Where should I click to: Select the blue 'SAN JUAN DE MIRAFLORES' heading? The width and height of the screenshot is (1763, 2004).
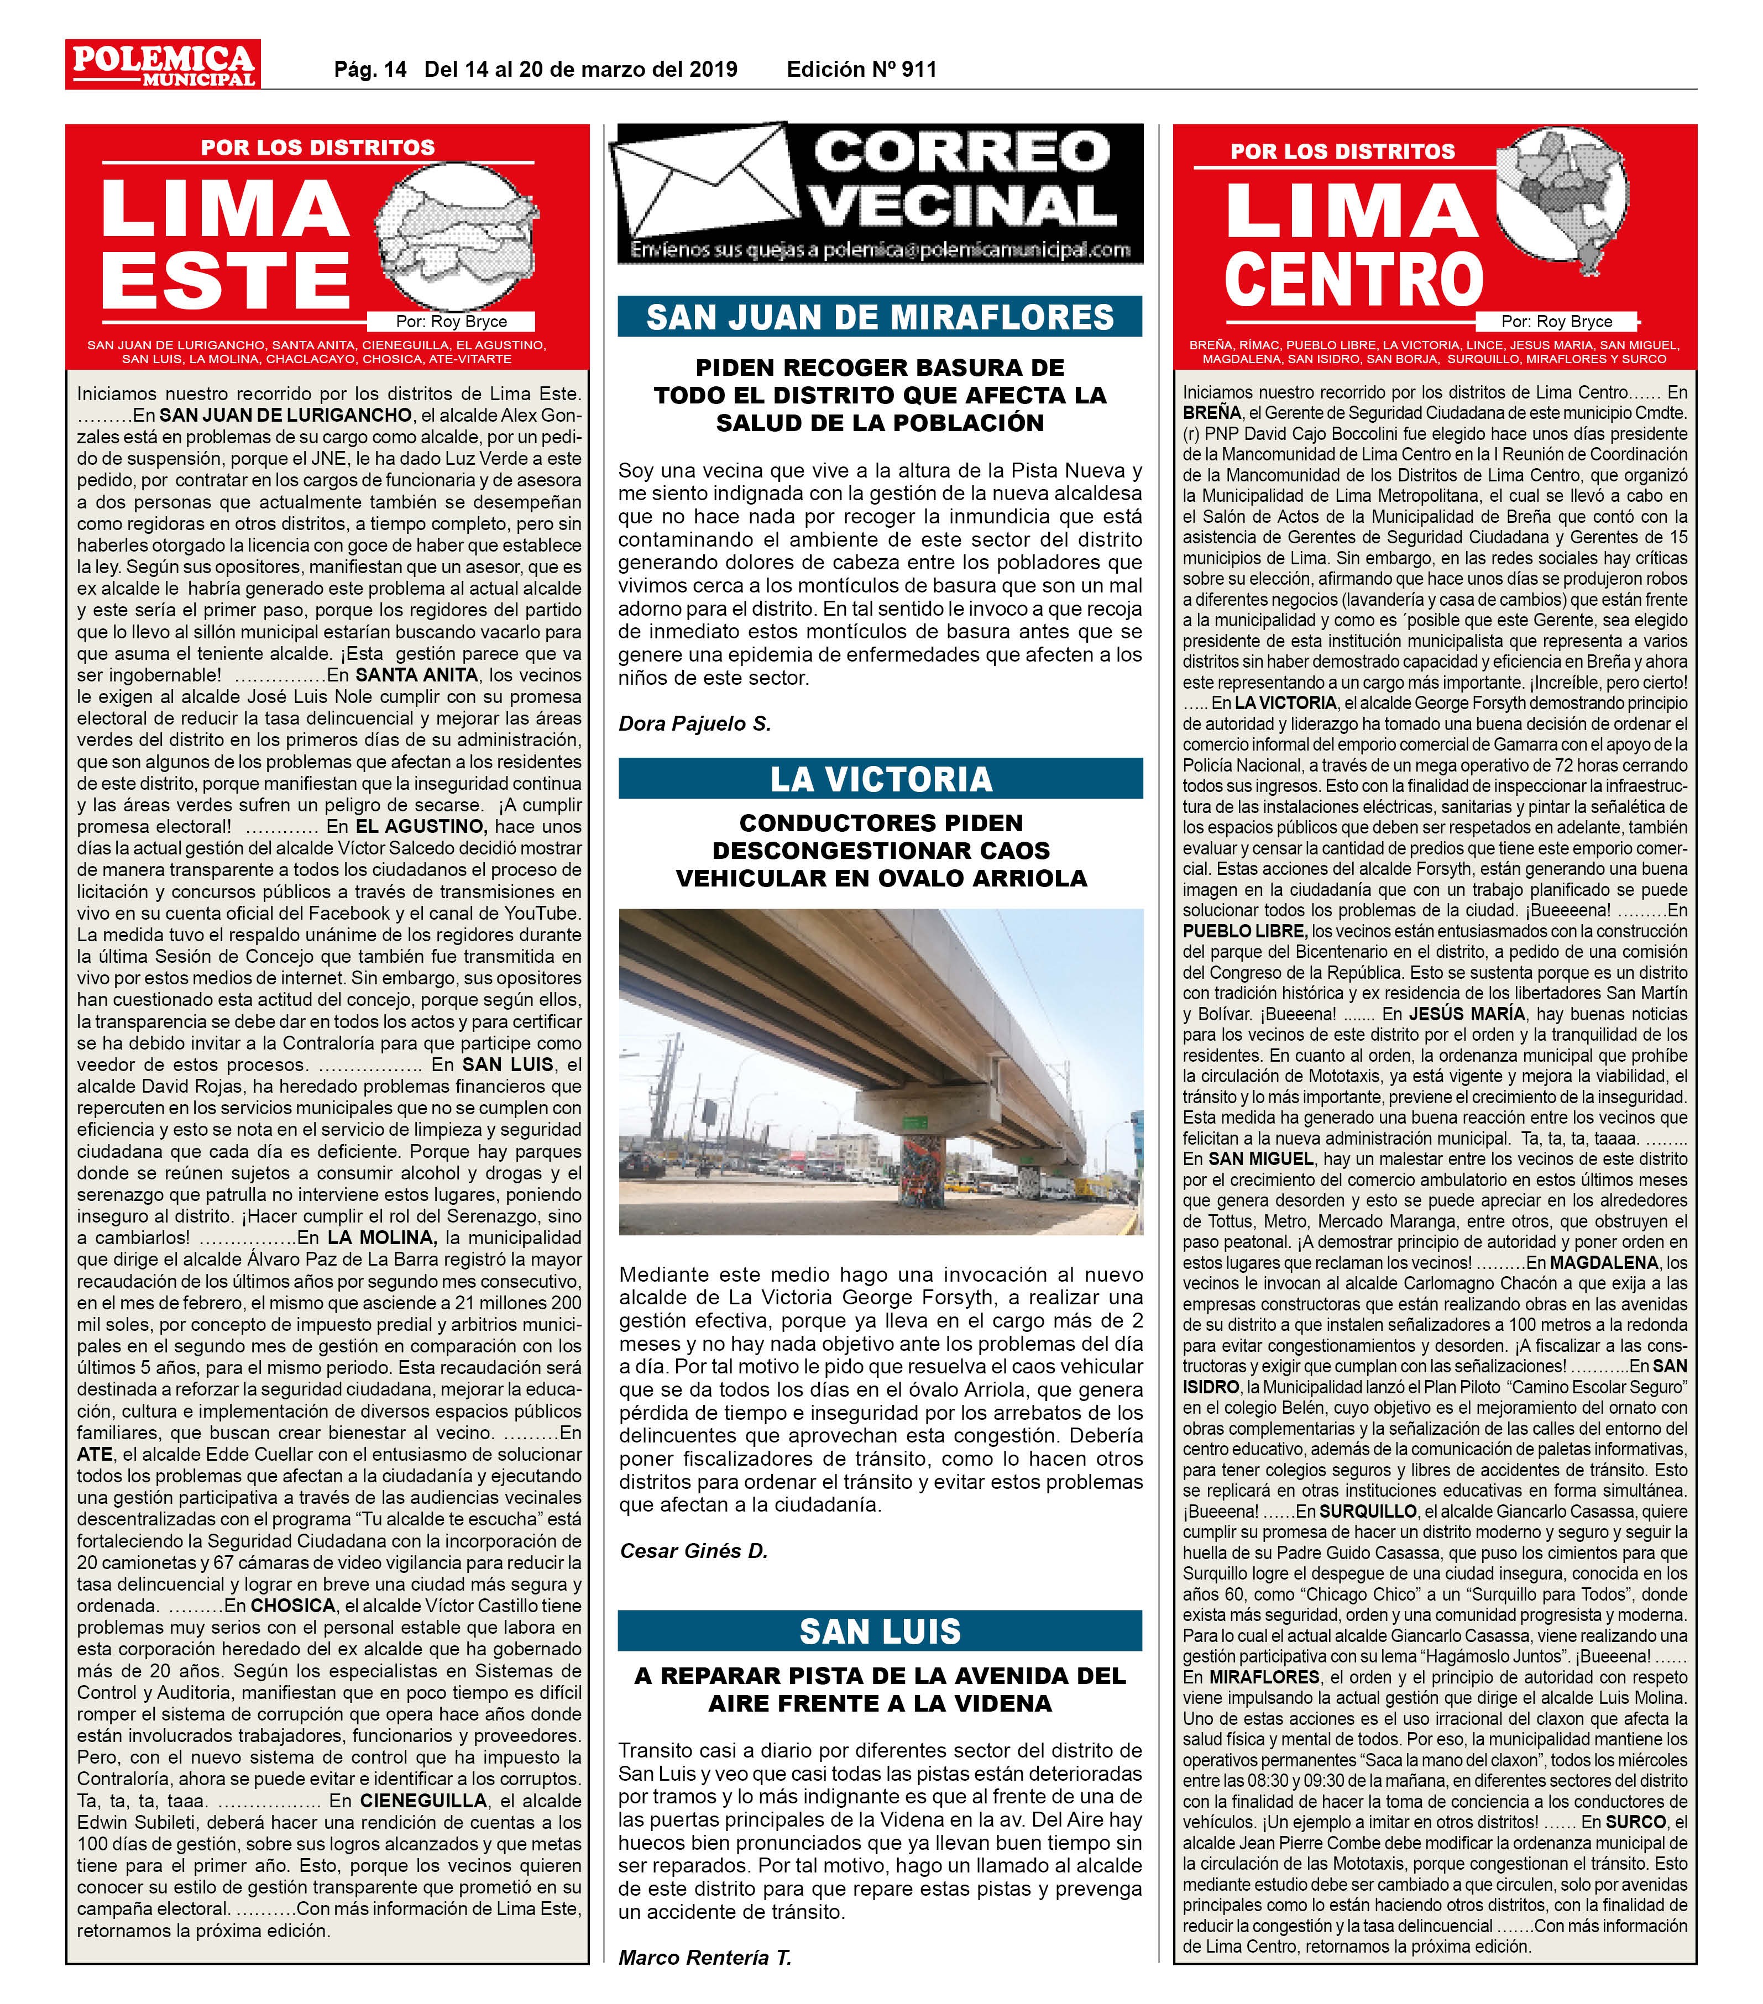tap(880, 317)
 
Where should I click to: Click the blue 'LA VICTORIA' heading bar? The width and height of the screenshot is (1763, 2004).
tap(880, 779)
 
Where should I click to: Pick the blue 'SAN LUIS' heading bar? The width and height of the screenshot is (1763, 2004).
tap(880, 1630)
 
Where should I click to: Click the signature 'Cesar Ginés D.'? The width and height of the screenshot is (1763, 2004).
tap(693, 1551)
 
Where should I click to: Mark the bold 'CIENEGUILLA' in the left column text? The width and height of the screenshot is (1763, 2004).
tap(422, 1800)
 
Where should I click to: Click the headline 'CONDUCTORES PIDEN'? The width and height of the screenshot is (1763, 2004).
tap(881, 822)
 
